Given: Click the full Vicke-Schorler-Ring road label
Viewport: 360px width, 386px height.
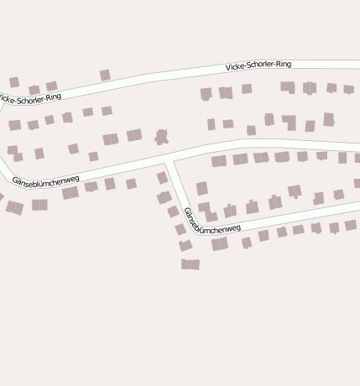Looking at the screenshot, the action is pos(258,65).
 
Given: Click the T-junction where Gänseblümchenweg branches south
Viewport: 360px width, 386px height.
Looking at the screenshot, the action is pos(170,159).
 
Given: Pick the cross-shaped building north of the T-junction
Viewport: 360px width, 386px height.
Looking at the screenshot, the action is pos(161,136).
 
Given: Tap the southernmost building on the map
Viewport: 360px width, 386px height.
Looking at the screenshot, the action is pos(190,264).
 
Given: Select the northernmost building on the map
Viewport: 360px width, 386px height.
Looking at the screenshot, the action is pos(105,76).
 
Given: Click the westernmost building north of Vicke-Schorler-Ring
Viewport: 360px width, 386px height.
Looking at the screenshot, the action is pos(14,82).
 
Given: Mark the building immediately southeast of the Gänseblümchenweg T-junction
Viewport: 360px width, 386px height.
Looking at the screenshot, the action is pos(201,188).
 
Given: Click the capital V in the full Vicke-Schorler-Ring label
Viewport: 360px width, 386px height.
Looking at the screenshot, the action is pos(228,67).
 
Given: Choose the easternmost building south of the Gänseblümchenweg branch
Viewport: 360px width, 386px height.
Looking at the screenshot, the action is pos(351,225).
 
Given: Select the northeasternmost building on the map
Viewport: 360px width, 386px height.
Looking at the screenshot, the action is pos(348,89).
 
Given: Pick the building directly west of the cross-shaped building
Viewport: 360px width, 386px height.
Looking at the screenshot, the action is pos(134,135).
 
